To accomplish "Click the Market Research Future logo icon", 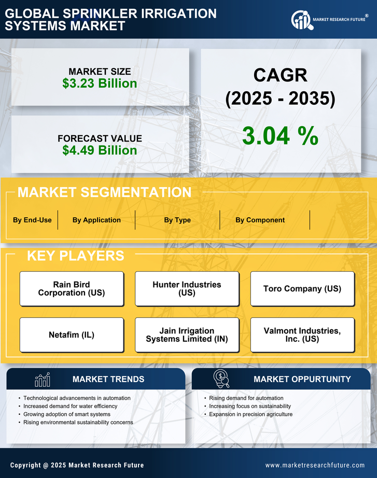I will pyautogui.click(x=301, y=20).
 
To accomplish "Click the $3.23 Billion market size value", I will pyautogui.click(x=100, y=83).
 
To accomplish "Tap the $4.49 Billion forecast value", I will pyautogui.click(x=100, y=150).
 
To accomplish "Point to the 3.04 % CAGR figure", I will pyautogui.click(x=280, y=136).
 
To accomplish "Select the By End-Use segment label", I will pyautogui.click(x=32, y=220).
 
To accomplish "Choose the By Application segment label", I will pyautogui.click(x=96, y=220).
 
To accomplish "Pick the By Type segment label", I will pyautogui.click(x=177, y=220).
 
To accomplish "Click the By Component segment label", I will pyautogui.click(x=260, y=220).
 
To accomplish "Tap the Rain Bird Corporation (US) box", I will pyautogui.click(x=72, y=289).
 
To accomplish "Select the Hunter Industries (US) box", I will pyautogui.click(x=187, y=289).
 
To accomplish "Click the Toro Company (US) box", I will pyautogui.click(x=302, y=289).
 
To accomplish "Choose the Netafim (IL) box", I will pyautogui.click(x=72, y=335).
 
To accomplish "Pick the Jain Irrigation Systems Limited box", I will pyautogui.click(x=187, y=335).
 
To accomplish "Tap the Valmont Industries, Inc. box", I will pyautogui.click(x=302, y=335).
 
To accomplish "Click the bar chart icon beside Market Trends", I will pyautogui.click(x=42, y=379).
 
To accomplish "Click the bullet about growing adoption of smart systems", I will pyautogui.click(x=67, y=414).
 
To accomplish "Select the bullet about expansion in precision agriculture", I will pyautogui.click(x=251, y=414).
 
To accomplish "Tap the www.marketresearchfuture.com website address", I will pyautogui.click(x=315, y=465).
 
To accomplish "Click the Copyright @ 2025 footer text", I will pyautogui.click(x=77, y=465).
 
